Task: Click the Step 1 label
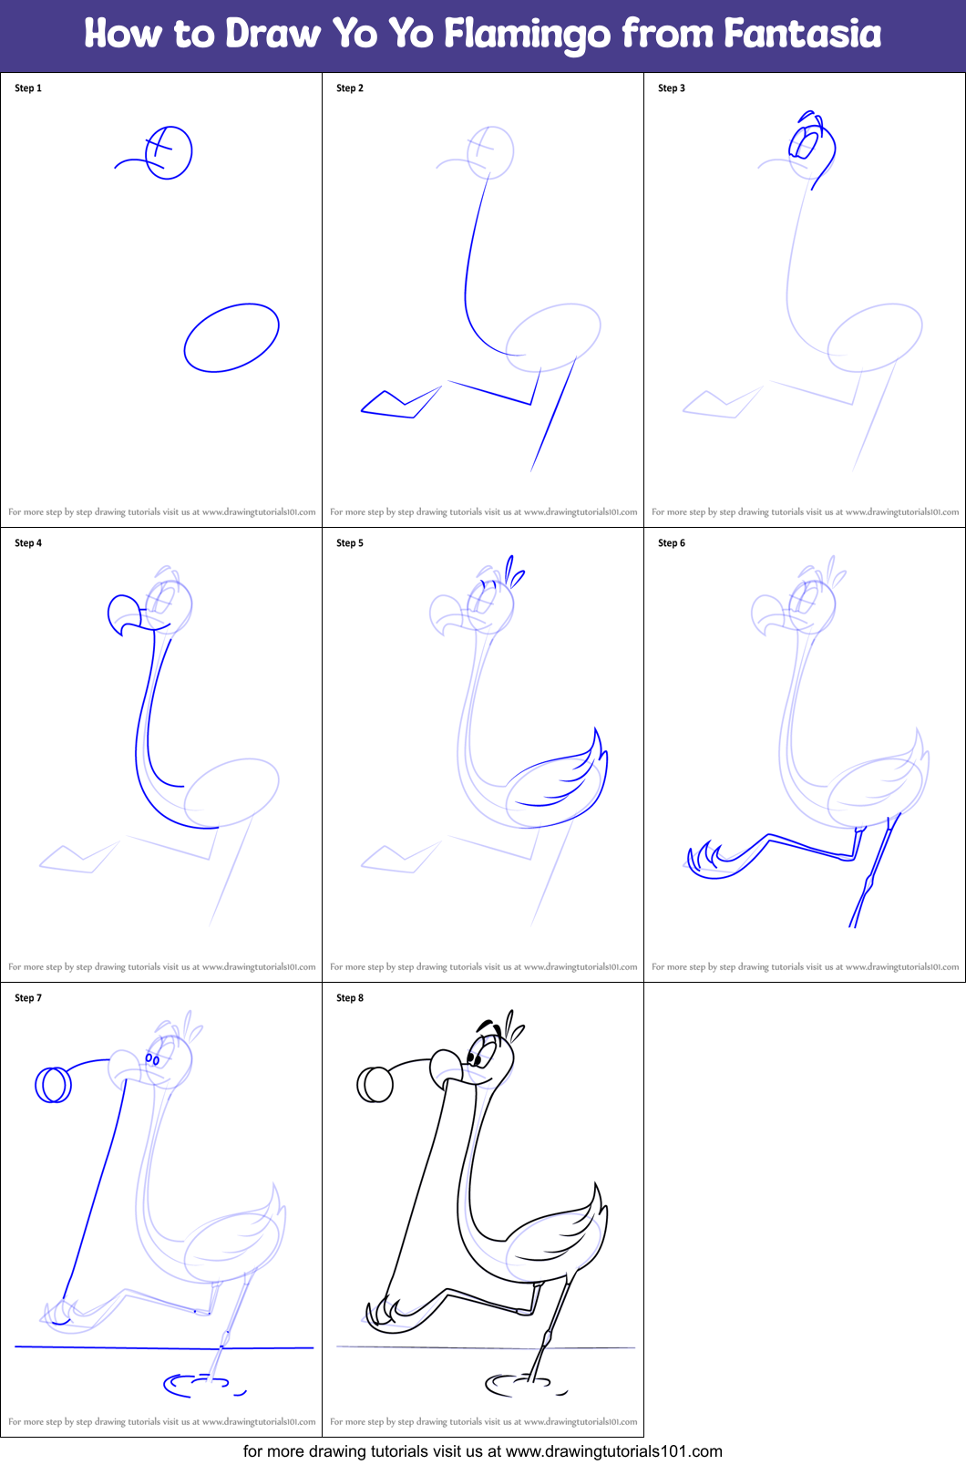tap(28, 88)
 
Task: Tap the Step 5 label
tap(350, 543)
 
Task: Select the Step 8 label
tap(350, 998)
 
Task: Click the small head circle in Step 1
tap(169, 152)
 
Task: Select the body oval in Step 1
tap(231, 338)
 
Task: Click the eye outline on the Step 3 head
tap(806, 144)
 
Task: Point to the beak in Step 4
tap(125, 614)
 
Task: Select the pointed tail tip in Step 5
tap(597, 735)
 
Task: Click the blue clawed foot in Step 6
tap(709, 861)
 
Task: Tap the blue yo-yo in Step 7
tap(53, 1085)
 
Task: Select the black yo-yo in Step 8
tap(375, 1085)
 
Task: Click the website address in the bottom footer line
tap(613, 1451)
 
